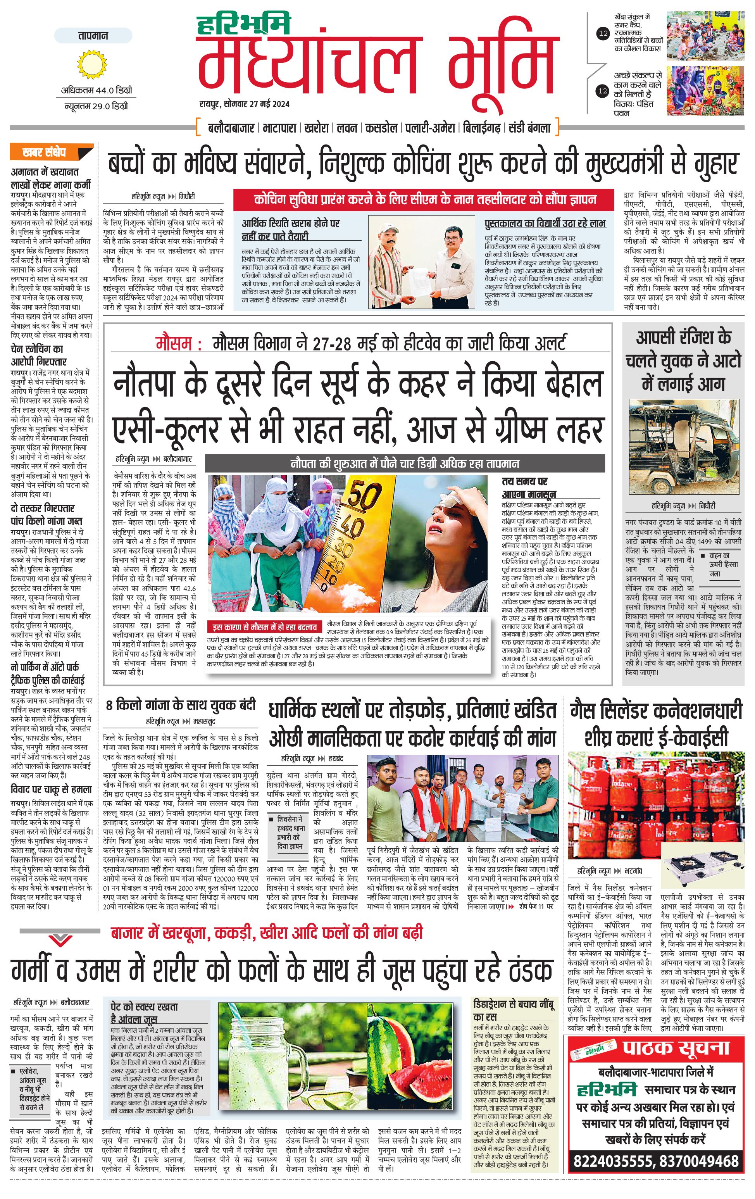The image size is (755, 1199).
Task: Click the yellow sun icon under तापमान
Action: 92,64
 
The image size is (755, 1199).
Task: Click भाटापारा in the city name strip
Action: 282,128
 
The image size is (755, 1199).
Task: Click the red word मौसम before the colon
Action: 173,343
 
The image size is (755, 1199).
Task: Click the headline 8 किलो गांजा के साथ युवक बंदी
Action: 181,705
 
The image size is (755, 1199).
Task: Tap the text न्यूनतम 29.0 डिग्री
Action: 96,106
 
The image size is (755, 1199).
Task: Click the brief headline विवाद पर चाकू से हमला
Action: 51,789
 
